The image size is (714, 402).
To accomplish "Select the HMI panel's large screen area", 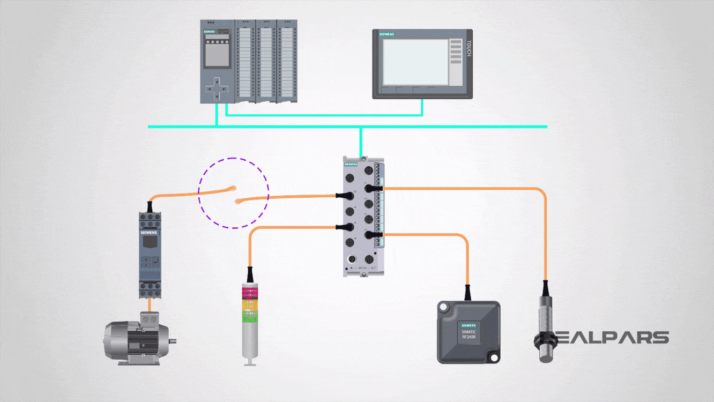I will click(416, 62).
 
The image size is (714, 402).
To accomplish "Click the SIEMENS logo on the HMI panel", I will click(387, 35).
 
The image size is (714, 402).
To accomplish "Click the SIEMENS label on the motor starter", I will click(150, 233).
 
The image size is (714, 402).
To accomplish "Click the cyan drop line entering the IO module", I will click(361, 142).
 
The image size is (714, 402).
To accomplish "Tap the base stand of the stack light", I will click(249, 364).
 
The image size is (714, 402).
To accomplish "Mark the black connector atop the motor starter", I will click(150, 205).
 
